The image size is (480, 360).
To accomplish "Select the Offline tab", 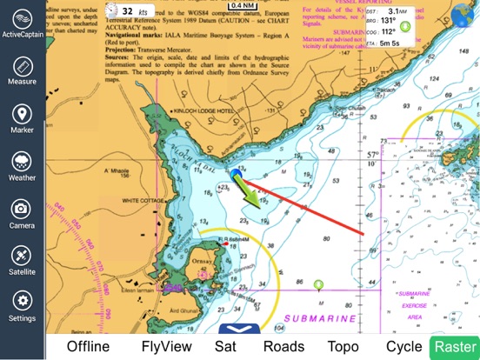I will (88, 346).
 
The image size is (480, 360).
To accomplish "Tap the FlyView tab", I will (165, 346).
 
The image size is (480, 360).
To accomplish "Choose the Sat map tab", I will (226, 346).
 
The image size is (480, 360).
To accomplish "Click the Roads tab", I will (283, 346).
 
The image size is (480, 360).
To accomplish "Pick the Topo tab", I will (343, 346).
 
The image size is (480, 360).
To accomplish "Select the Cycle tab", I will (404, 346).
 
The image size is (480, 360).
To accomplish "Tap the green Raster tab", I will (455, 346).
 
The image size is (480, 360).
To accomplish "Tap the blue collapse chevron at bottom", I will (237, 330).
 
